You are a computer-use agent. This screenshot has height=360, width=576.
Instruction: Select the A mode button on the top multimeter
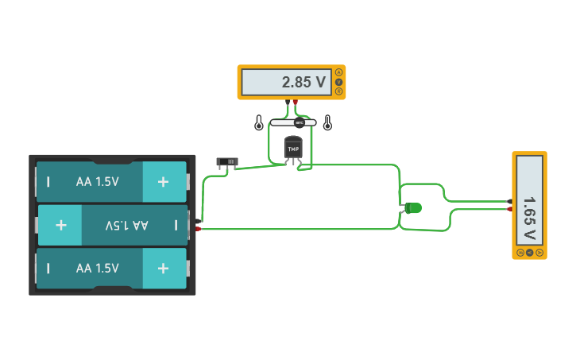339,72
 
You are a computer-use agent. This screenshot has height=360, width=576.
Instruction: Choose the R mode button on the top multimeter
339,91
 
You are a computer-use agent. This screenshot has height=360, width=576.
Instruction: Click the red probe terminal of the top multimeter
296,102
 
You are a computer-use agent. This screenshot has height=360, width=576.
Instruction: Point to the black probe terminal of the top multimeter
288,102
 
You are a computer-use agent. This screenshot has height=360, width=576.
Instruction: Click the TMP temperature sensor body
293,149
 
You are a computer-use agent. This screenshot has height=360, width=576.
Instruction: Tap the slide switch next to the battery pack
227,162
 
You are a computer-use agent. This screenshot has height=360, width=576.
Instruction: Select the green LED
413,208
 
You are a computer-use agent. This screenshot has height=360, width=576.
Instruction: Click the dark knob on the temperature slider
300,122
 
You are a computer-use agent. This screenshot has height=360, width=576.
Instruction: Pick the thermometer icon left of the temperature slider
259,123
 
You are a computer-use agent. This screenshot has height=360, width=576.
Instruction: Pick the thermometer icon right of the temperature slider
327,123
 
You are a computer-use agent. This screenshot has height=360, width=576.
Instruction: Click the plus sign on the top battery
163,182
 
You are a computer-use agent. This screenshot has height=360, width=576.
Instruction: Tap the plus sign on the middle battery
61,225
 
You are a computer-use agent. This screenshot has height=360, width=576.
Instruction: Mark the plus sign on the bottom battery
163,269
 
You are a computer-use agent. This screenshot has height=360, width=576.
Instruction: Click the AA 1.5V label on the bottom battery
98,269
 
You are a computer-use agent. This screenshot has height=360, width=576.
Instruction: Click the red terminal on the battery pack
198,229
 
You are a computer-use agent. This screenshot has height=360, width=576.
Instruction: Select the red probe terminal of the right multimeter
509,209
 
